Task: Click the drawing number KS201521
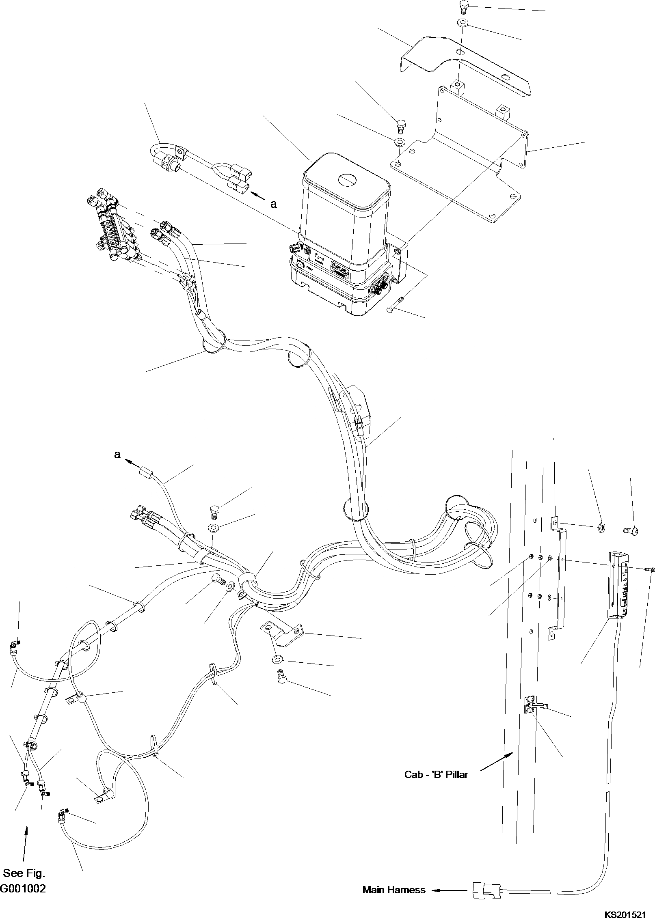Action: click(625, 911)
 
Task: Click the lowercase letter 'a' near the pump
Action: click(273, 204)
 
